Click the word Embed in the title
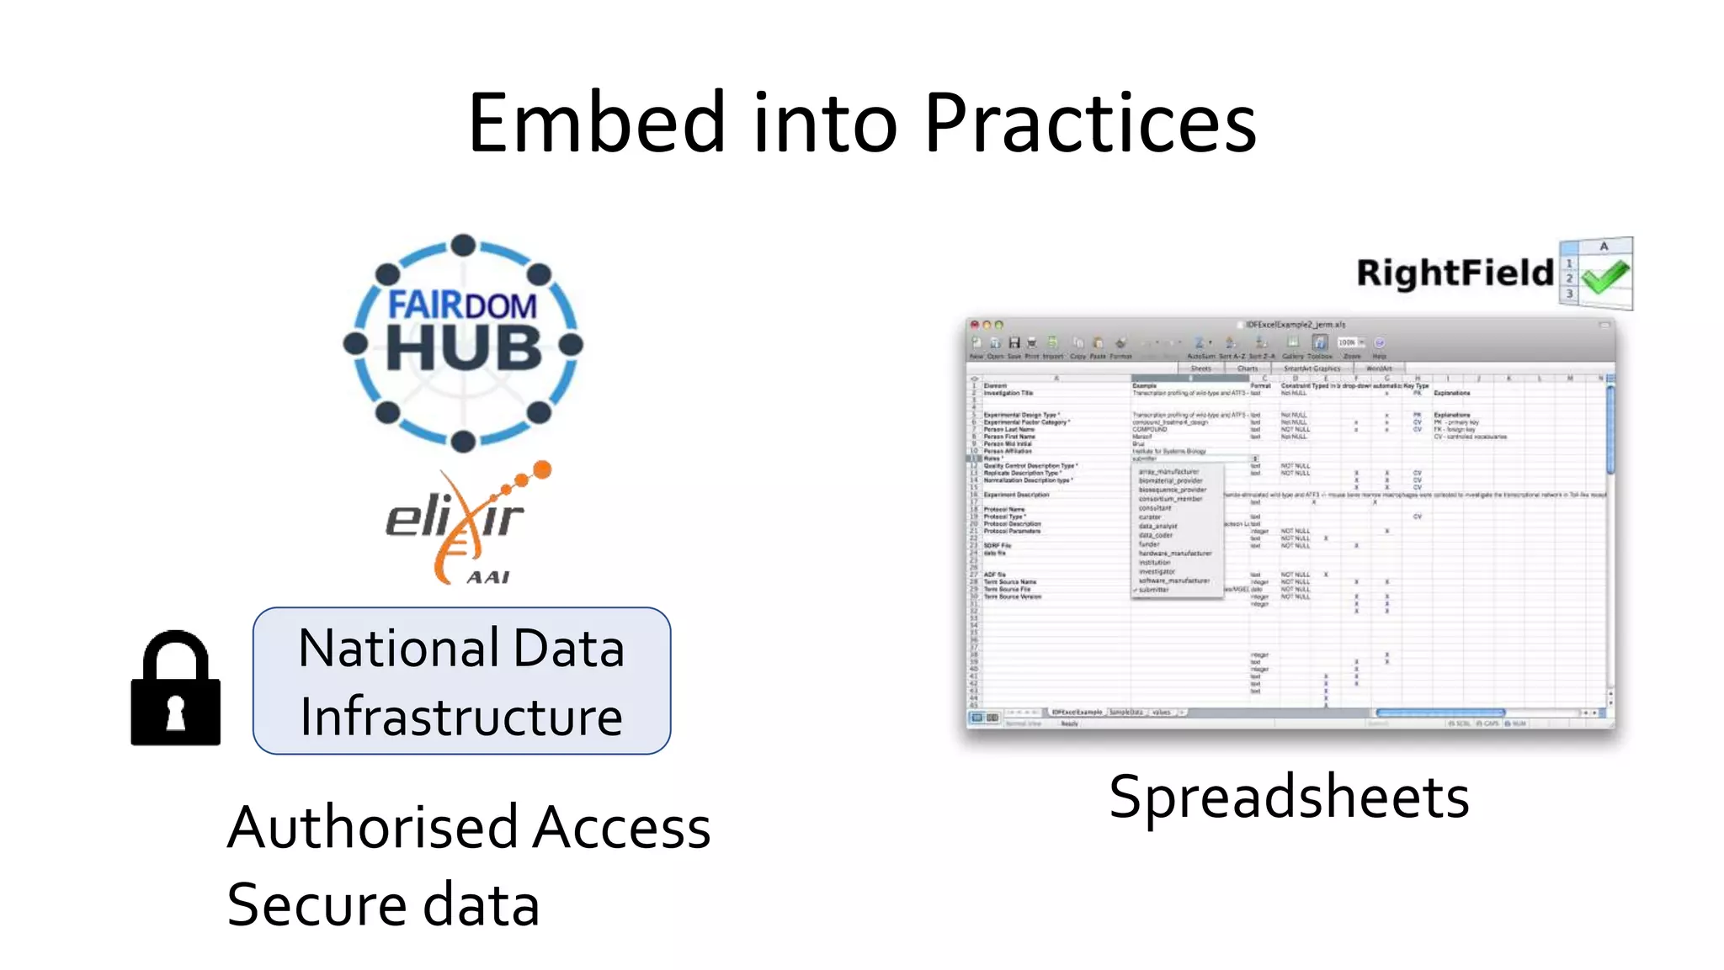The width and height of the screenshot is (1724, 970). [x=595, y=124]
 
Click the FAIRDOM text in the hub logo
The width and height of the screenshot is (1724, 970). [x=462, y=305]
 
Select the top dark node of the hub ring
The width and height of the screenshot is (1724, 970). [x=463, y=246]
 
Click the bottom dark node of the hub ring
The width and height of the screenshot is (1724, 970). [x=463, y=441]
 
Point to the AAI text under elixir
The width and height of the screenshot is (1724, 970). [x=488, y=577]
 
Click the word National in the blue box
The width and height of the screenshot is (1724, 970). [x=398, y=649]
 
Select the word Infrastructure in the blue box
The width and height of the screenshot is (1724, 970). [x=461, y=718]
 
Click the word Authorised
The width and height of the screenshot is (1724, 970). [x=372, y=828]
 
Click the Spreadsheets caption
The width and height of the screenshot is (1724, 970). [x=1289, y=797]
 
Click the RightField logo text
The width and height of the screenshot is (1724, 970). [x=1455, y=273]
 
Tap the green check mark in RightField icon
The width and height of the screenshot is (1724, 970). [x=1604, y=277]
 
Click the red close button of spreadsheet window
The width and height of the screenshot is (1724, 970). [x=975, y=325]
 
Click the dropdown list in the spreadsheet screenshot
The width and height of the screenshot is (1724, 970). [x=1176, y=531]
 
